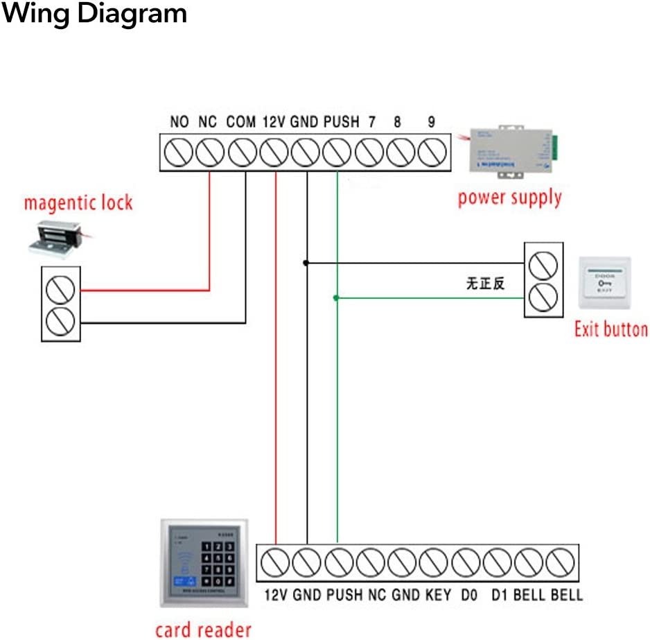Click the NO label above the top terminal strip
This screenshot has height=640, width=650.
tap(179, 122)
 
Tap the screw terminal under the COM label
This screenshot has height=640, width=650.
tap(243, 152)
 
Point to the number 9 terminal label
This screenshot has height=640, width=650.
tap(431, 122)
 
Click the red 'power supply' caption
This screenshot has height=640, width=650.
tap(509, 198)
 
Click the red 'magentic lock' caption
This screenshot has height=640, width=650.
tap(78, 204)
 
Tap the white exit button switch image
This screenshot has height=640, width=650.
tap(605, 284)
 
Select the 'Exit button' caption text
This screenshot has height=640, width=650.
tap(611, 329)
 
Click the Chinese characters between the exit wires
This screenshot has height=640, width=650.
tap(485, 283)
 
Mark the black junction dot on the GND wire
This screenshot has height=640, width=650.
tap(305, 263)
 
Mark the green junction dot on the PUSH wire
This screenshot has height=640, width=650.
tap(336, 298)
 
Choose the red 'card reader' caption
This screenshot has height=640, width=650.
tap(203, 630)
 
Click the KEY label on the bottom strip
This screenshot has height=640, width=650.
tap(439, 595)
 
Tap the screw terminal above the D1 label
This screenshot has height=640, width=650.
tap(496, 560)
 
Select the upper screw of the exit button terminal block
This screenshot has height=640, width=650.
tap(543, 263)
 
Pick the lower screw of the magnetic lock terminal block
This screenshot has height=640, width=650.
tap(60, 321)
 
